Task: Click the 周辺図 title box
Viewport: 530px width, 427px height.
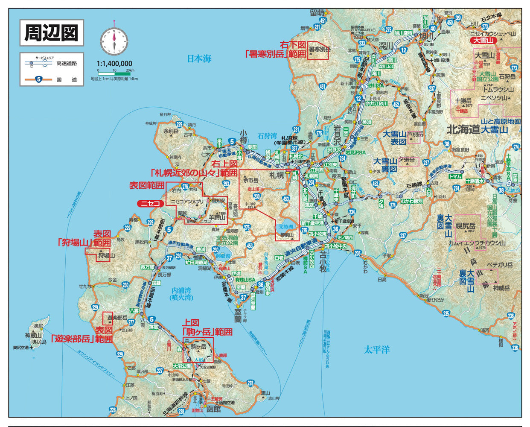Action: (x=51, y=32)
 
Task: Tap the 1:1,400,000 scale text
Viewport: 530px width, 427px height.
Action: (x=115, y=63)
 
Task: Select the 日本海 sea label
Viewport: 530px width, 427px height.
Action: (x=199, y=58)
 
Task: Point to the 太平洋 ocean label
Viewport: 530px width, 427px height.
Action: (x=377, y=350)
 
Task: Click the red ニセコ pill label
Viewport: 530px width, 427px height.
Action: (x=151, y=204)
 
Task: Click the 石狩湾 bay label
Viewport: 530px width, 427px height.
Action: (x=267, y=136)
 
